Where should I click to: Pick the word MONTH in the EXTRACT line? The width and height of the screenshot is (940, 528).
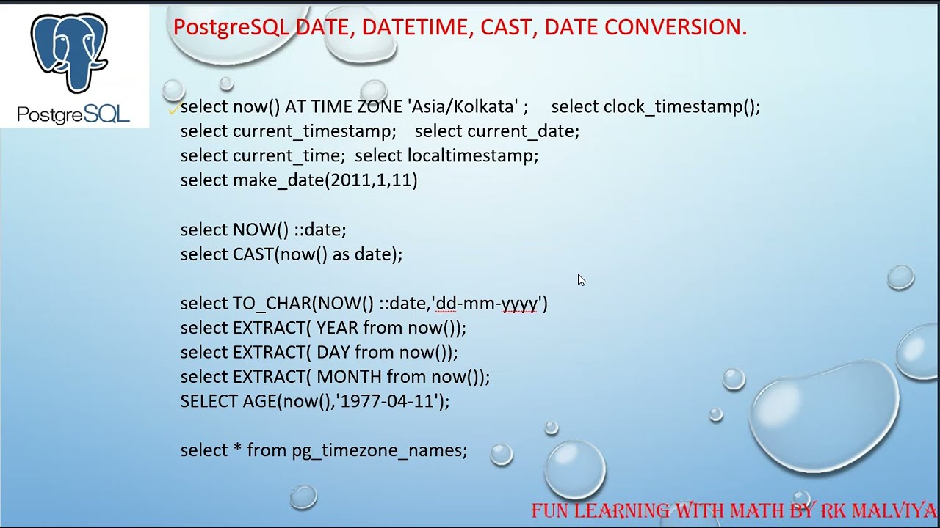tap(349, 377)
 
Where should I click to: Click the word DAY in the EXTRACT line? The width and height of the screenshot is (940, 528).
tap(333, 352)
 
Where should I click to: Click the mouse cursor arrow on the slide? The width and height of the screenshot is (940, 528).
tap(581, 279)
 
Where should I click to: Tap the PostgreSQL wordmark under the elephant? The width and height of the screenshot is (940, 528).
tap(73, 114)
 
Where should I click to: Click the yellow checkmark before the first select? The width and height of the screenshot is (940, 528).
tap(174, 109)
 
